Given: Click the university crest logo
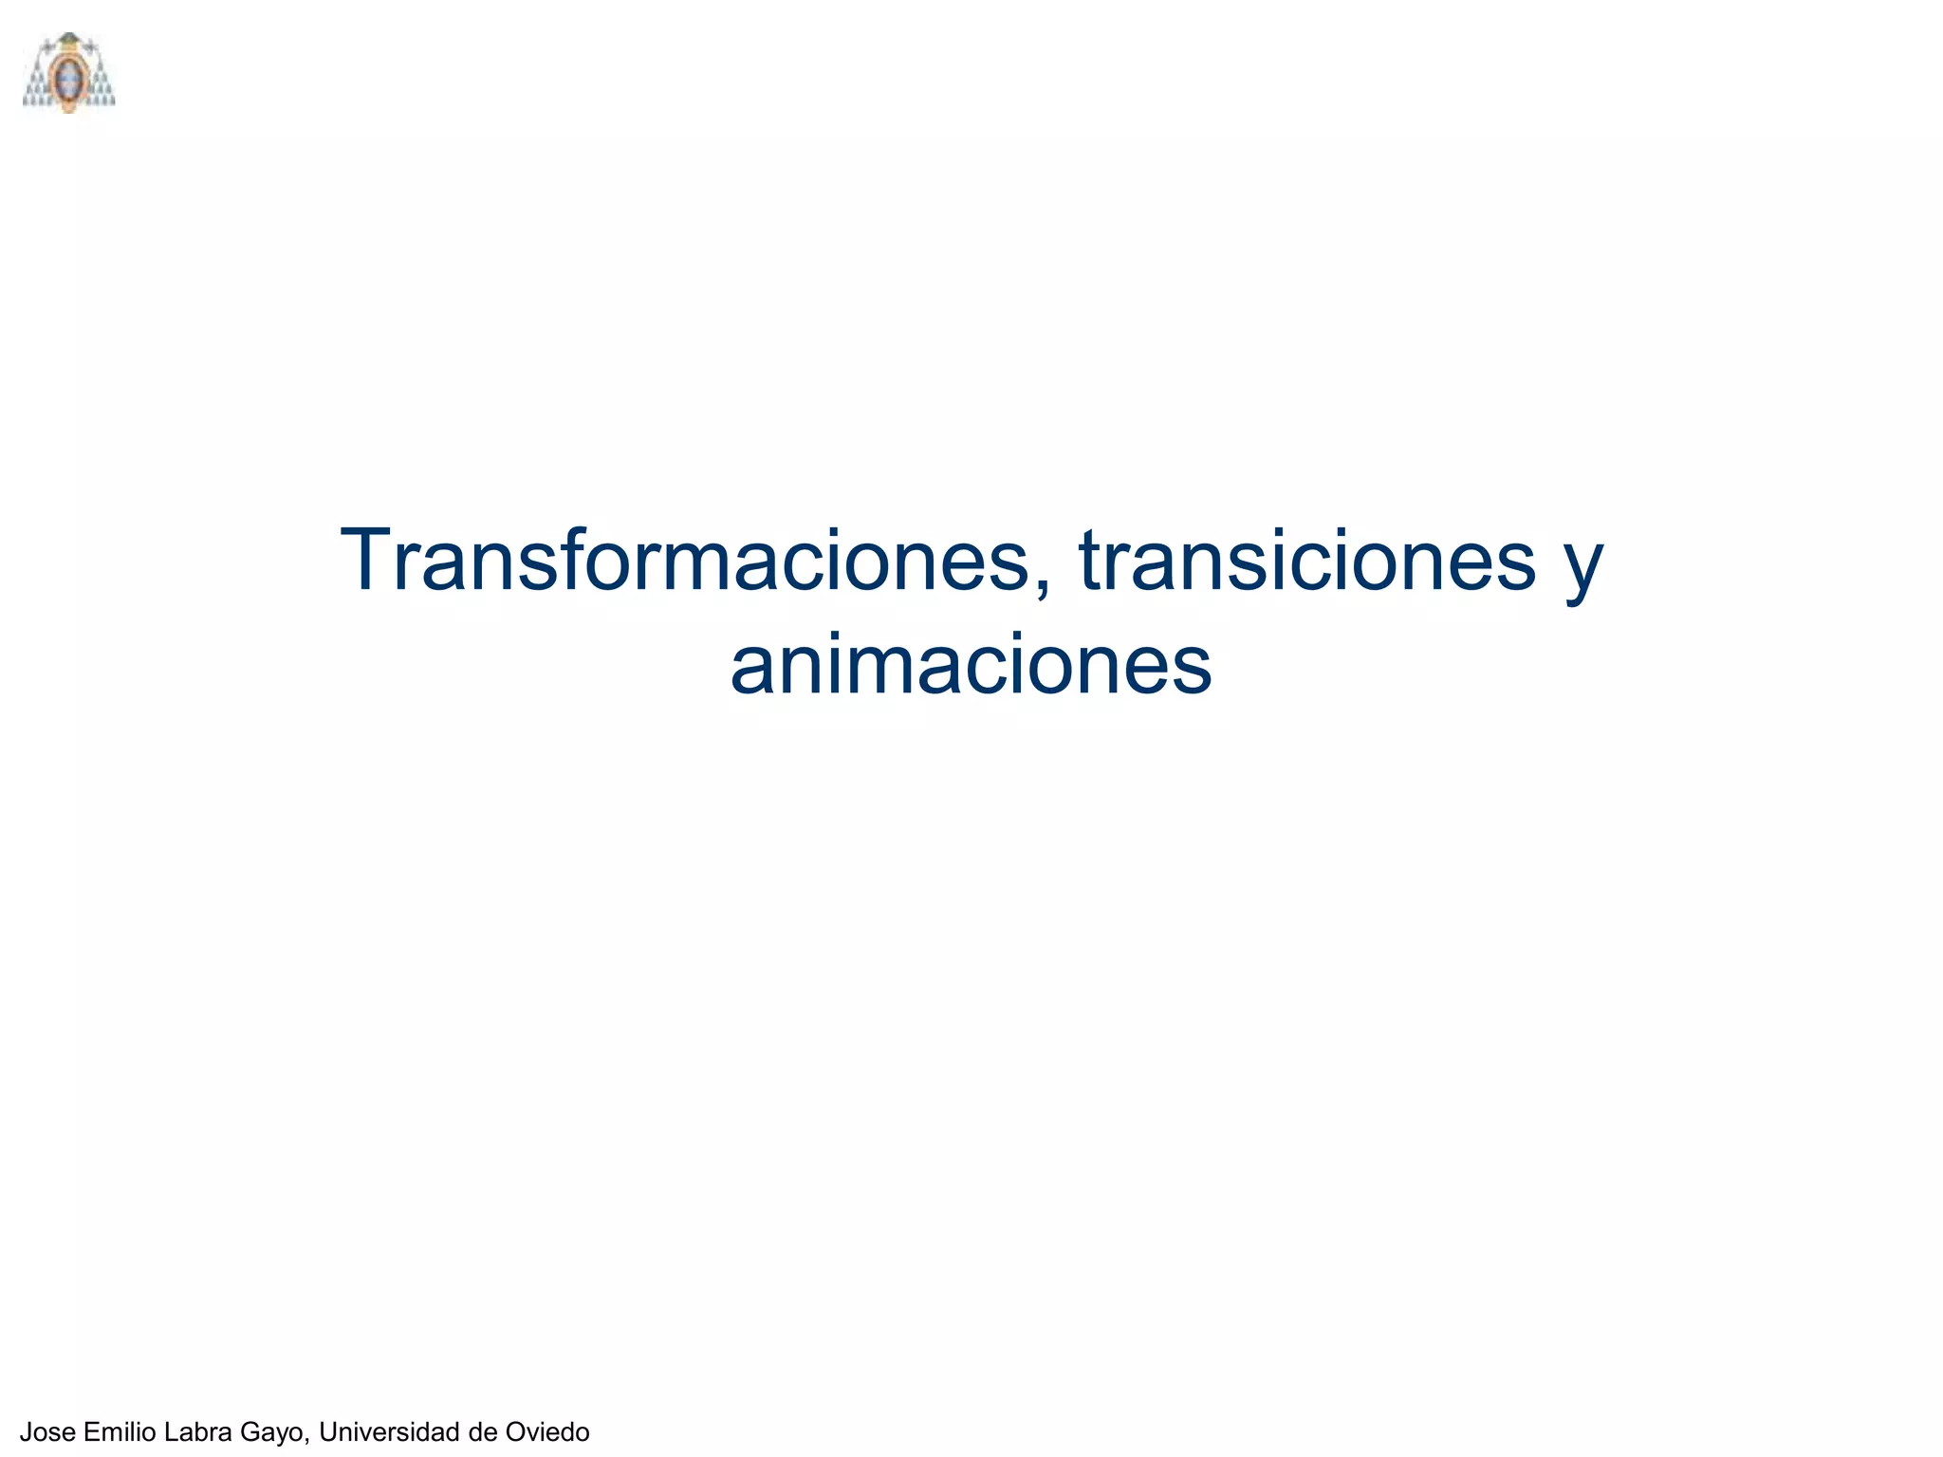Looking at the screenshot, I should point(68,73).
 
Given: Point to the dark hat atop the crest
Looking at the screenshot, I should point(68,40).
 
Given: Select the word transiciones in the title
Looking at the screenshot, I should point(1306,562).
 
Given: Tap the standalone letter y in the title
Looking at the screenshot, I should point(1582,569).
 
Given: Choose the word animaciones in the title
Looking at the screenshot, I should point(971,664).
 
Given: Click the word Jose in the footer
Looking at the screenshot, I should point(47,1431).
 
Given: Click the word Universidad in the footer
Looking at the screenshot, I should point(390,1431).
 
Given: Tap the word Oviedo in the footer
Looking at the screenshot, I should point(547,1431).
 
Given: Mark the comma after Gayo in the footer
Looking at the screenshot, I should point(308,1441).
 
